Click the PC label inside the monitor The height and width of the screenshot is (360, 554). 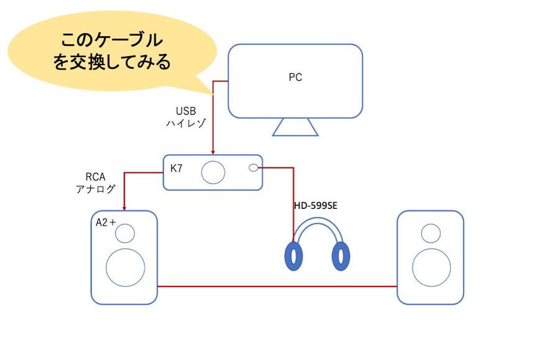(295, 78)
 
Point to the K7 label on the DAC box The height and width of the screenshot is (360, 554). (177, 168)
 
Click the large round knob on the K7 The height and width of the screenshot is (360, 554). (215, 172)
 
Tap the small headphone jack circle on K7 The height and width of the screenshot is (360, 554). (253, 168)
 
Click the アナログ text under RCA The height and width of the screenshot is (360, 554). (92, 188)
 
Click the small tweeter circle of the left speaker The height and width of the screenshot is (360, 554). (124, 233)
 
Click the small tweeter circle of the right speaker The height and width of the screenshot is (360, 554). (430, 233)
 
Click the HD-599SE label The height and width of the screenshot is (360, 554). (320, 205)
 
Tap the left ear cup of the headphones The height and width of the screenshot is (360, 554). (292, 256)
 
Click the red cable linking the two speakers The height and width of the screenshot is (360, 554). (277, 286)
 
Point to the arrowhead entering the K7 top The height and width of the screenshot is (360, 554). (213, 151)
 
